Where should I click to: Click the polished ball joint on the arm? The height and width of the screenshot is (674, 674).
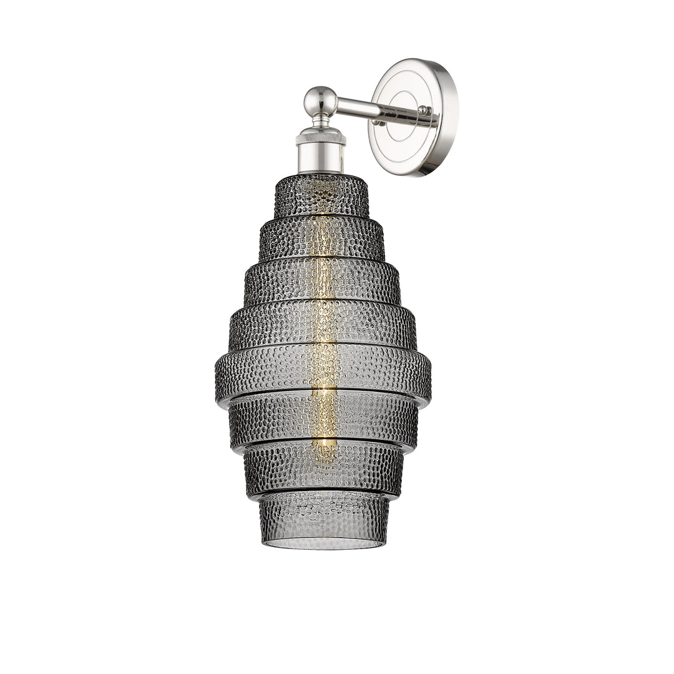click(x=321, y=100)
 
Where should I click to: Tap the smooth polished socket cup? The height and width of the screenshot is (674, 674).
click(x=320, y=157)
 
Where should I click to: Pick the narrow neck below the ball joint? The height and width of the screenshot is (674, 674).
click(x=321, y=119)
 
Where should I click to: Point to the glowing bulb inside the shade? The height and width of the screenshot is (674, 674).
click(x=323, y=325)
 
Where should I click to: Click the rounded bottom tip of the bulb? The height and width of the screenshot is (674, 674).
click(x=324, y=459)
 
